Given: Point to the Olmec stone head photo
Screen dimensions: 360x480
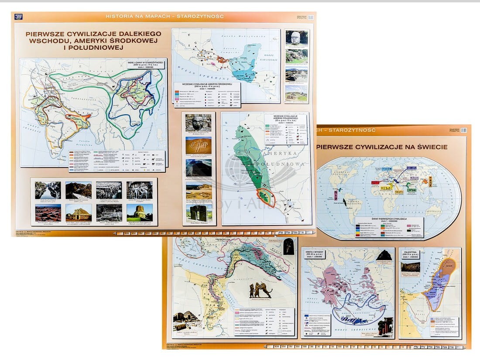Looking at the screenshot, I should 296,38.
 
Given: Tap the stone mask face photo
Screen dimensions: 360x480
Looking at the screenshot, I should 198,123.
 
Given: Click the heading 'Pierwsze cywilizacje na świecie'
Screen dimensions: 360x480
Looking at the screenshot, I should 382,147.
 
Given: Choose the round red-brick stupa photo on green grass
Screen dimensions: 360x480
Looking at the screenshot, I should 140,213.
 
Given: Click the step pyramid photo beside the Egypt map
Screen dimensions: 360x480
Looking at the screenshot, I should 185,321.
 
